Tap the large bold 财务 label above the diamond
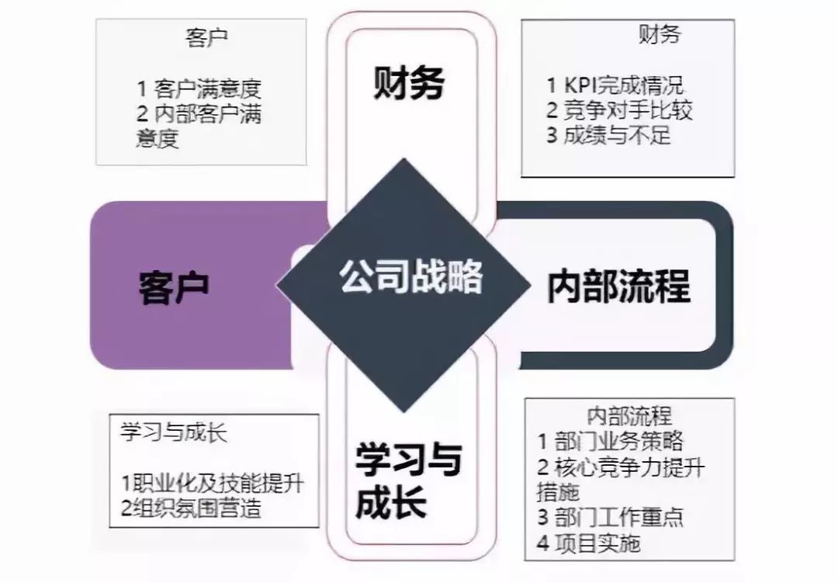click(x=409, y=83)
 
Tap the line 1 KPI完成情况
click(x=615, y=85)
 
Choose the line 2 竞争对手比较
click(x=619, y=109)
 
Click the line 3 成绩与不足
click(x=608, y=135)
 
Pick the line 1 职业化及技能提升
click(x=212, y=483)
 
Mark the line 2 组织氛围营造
click(x=191, y=508)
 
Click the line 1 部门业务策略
click(x=611, y=442)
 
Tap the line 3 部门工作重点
click(x=611, y=517)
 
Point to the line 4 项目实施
click(x=589, y=543)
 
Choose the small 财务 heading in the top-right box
click(x=659, y=34)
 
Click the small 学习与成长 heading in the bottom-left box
click(x=173, y=432)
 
